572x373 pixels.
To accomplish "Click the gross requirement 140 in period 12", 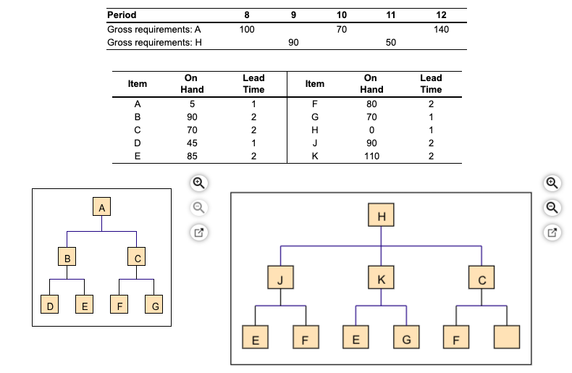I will tap(441, 30).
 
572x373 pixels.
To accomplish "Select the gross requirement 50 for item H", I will tap(390, 43).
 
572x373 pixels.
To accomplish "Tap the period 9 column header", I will tap(293, 15).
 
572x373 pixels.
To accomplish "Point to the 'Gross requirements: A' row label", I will tap(153, 30).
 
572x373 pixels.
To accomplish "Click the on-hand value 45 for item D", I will tap(191, 143).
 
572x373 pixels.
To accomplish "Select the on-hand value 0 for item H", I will tap(371, 130).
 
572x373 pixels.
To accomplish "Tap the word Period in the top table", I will tap(122, 15).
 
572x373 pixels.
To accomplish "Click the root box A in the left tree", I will tap(102, 208).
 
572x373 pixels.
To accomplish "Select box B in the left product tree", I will tap(67, 256).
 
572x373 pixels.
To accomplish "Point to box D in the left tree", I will tap(50, 306).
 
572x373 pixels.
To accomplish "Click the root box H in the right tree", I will tap(382, 216).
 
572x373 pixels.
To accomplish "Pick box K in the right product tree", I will tap(382, 278).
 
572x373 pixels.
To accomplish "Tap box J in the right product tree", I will tap(281, 278).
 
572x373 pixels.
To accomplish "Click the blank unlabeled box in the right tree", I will tap(506, 337).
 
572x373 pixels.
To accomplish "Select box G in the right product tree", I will tap(406, 337).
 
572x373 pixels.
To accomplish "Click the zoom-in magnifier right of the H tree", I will tap(552, 183).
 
